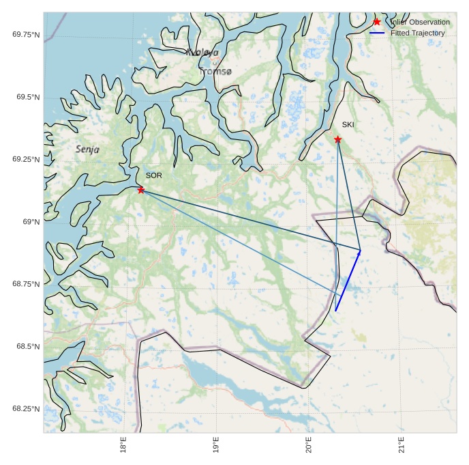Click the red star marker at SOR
coord(141,190)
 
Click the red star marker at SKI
coord(337,139)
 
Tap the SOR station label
coord(153,175)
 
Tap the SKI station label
coord(348,124)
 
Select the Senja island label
coord(87,149)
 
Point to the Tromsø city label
coord(215,71)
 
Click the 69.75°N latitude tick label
coord(26,34)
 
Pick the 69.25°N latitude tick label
coord(26,159)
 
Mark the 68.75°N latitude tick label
coord(26,284)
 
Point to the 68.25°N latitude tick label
coord(26,409)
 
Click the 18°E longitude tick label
coord(123,445)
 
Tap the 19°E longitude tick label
coord(216,445)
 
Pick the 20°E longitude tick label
coord(309,445)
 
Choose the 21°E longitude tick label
coord(402,445)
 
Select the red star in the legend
coord(376,22)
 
